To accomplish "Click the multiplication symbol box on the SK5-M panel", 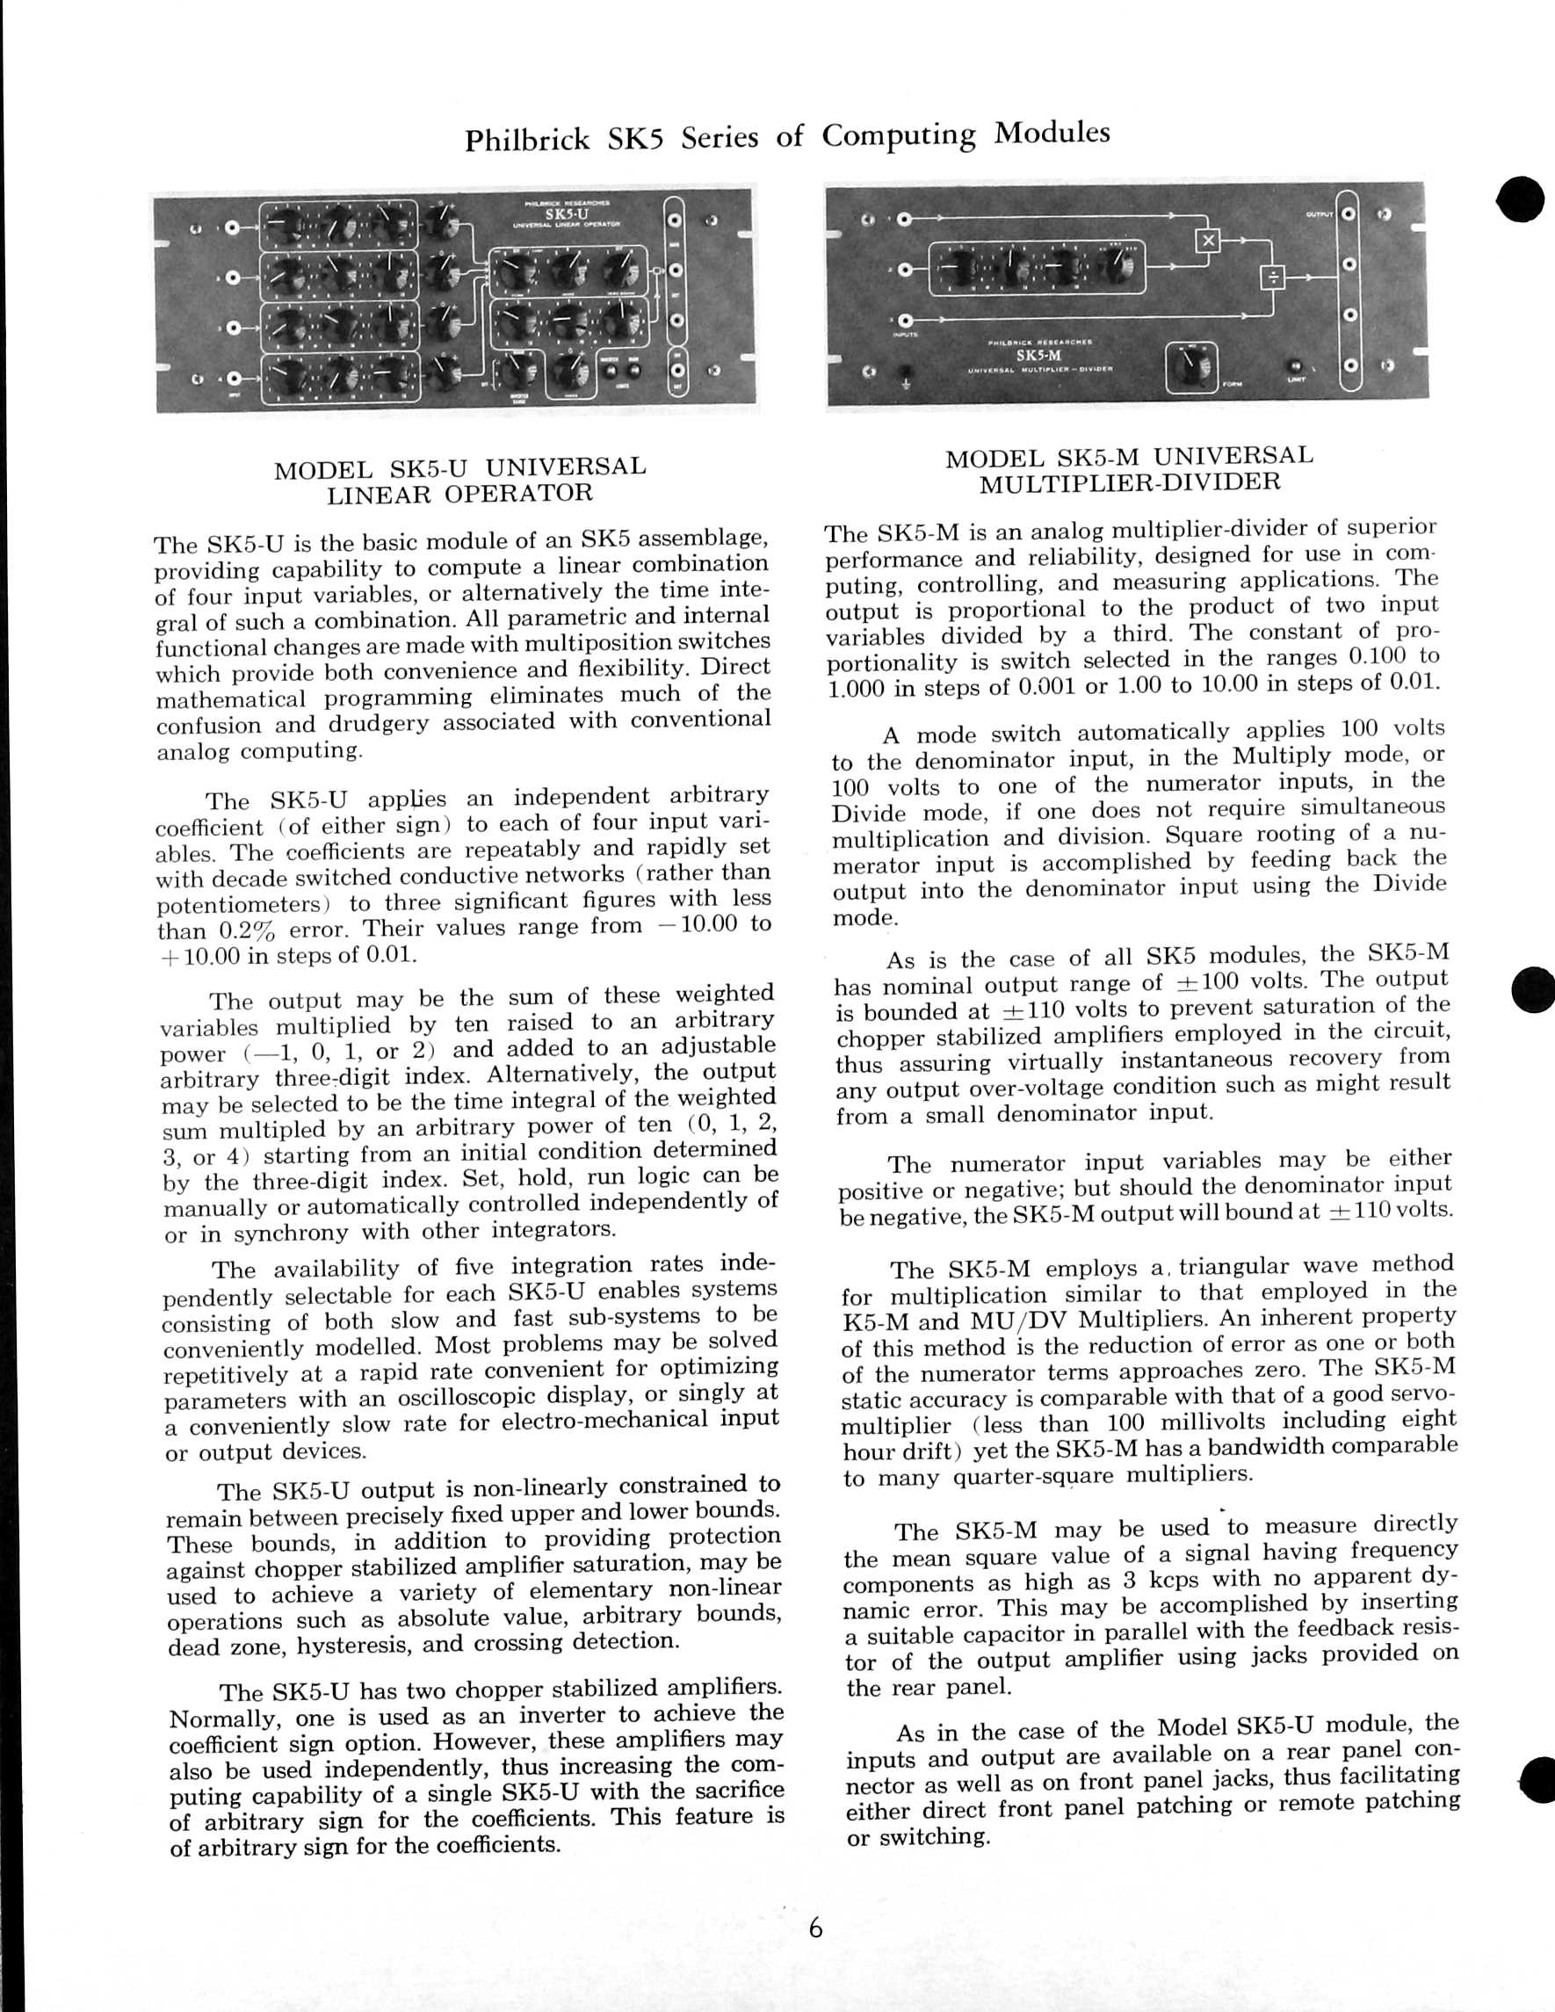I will coord(1208,241).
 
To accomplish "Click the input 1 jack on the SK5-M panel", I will coord(904,220).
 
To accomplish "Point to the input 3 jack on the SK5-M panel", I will coord(904,319).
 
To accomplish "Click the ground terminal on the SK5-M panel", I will coord(906,373).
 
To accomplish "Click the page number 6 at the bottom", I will coord(815,1926).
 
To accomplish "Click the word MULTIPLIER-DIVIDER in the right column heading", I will coord(1130,482).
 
